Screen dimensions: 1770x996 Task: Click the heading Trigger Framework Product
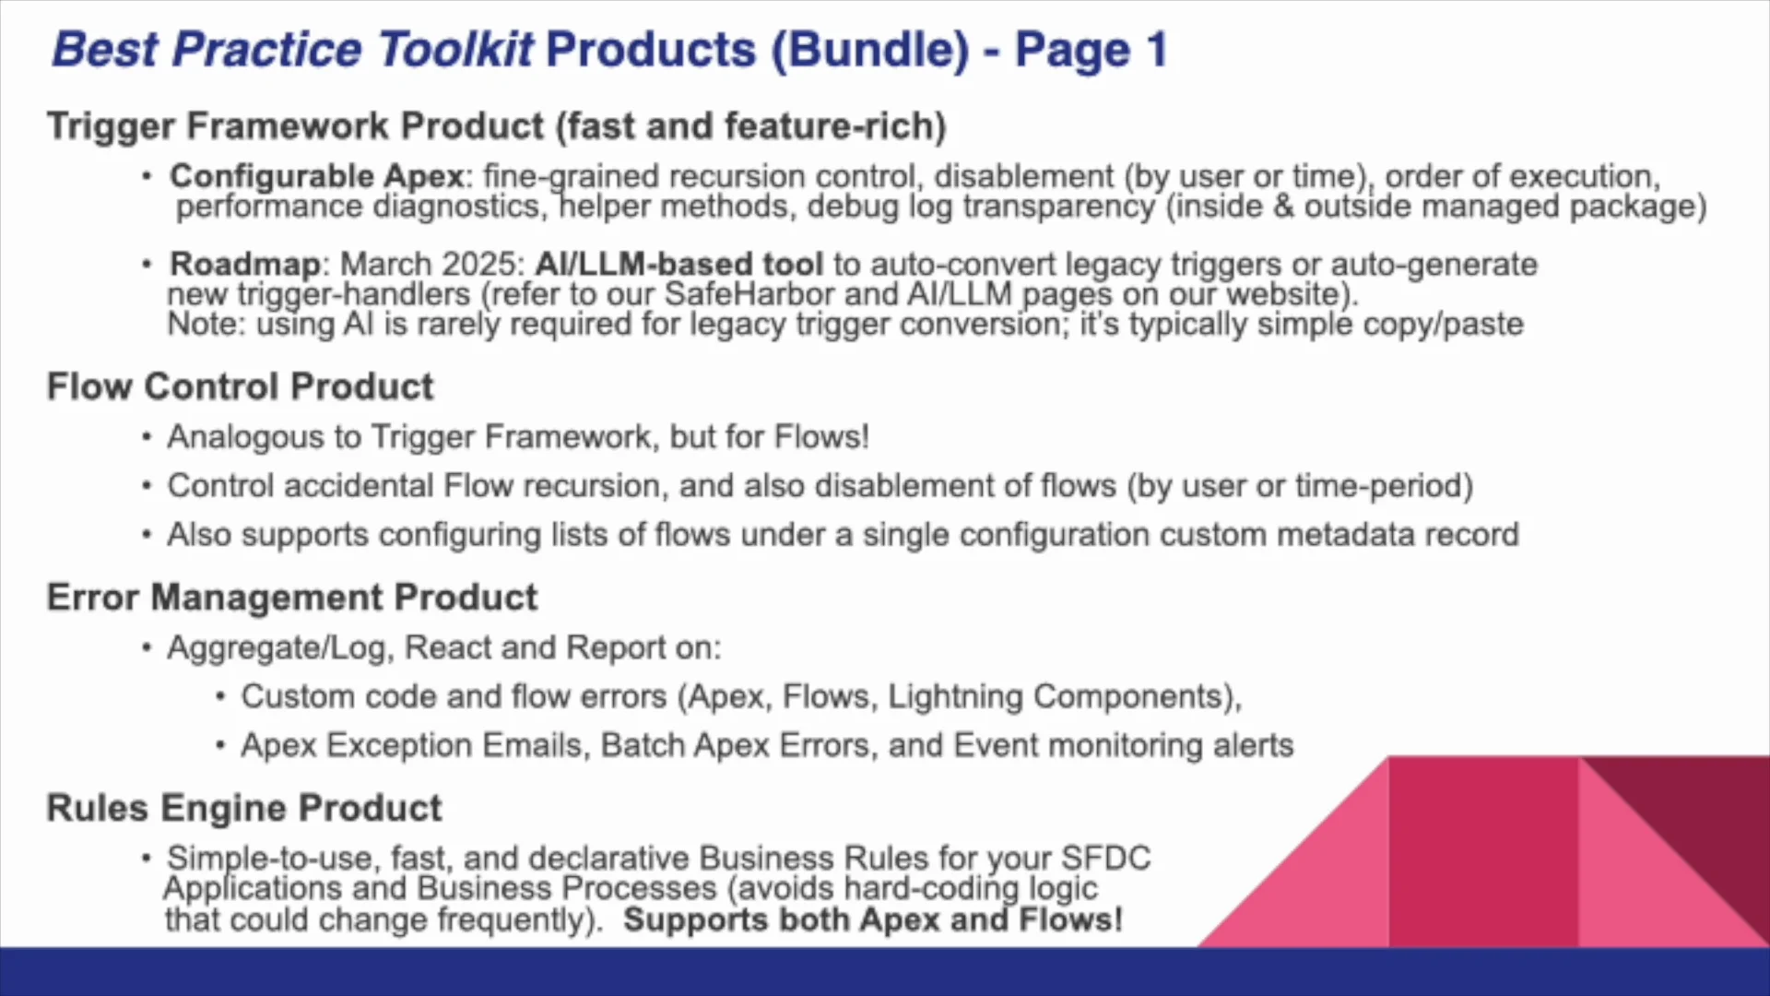pos(296,126)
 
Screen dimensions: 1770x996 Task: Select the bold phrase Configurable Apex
pos(317,175)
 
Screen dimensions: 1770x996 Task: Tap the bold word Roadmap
pos(245,265)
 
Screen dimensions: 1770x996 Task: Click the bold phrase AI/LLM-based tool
pos(679,264)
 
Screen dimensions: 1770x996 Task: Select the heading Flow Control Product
pos(241,386)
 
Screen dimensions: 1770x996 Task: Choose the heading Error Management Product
pos(292,598)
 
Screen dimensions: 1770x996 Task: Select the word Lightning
pos(955,697)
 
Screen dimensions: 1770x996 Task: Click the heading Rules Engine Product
pos(244,809)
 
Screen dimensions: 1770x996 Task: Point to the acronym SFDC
pos(1105,858)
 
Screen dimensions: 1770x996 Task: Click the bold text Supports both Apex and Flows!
pos(873,919)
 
